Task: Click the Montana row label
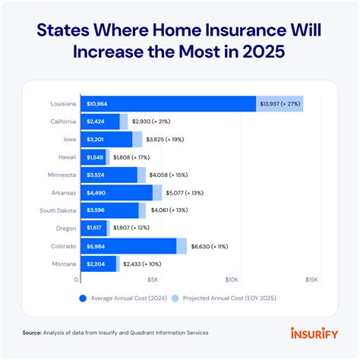coord(64,264)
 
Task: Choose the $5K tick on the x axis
coord(155,279)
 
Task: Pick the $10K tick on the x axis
coord(232,279)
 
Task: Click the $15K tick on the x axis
coord(311,279)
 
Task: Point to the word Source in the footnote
coord(33,333)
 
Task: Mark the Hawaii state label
coord(66,156)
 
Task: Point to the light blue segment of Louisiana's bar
coord(279,103)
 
